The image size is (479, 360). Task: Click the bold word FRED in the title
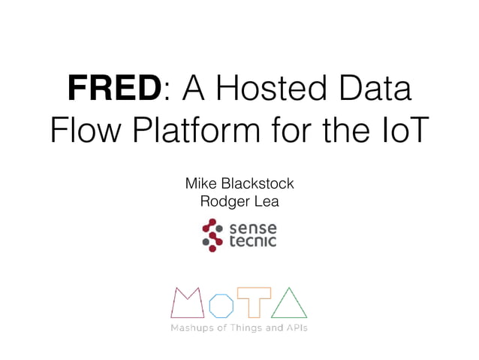113,88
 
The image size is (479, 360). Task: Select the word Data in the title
373,88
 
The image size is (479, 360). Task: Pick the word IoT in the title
402,131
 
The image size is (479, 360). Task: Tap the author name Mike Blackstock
239,184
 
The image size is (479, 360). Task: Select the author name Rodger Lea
239,201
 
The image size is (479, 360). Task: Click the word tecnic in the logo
252,241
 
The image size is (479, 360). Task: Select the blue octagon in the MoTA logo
221,306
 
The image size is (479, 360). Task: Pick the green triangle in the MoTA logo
289,303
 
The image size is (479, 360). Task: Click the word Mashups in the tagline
191,328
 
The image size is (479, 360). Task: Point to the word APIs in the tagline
295,328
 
